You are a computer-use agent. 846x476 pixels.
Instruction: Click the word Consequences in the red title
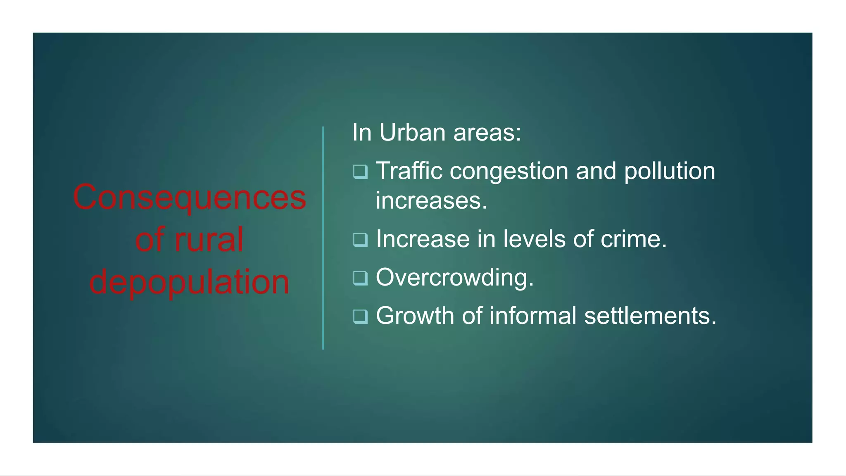tap(190, 198)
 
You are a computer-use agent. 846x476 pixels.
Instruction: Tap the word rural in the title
tap(209, 240)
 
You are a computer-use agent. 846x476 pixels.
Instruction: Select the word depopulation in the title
tap(190, 282)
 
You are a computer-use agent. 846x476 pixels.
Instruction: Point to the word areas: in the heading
tap(487, 133)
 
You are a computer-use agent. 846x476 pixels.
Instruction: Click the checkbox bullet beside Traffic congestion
tap(360, 171)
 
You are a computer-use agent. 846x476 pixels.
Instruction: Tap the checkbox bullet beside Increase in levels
tap(360, 240)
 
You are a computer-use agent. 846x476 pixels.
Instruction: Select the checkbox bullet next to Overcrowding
tap(360, 278)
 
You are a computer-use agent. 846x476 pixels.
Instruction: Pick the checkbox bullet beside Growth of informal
tap(360, 317)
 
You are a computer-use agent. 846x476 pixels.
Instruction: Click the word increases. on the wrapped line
tap(431, 201)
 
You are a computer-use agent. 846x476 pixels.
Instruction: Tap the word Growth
tap(415, 316)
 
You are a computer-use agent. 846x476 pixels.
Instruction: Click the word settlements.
tap(650, 316)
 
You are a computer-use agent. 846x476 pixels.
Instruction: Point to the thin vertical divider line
tap(323, 238)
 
